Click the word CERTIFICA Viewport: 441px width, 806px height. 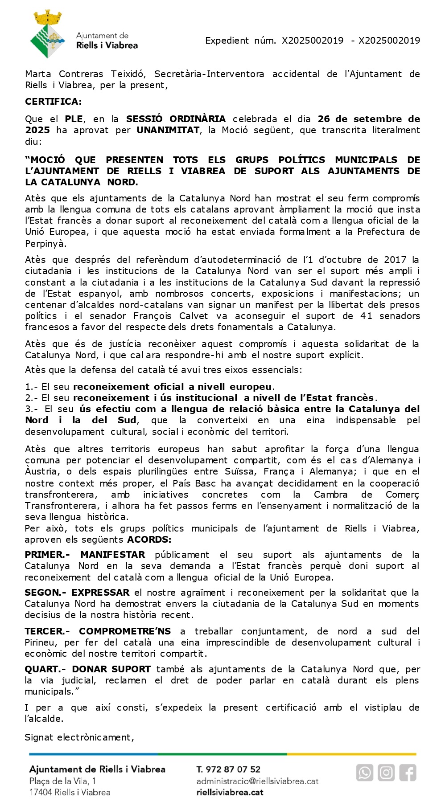click(53, 102)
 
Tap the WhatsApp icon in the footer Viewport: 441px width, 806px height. click(364, 772)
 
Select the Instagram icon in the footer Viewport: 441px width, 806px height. click(386, 772)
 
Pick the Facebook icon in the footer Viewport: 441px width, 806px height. click(408, 772)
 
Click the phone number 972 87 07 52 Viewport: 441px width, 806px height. click(233, 769)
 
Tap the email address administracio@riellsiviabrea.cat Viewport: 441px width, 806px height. click(257, 781)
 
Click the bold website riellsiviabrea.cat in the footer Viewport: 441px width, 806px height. click(230, 793)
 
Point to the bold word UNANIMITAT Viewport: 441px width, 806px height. click(168, 130)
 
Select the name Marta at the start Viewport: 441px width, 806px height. click(38, 74)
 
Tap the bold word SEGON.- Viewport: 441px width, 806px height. click(45, 593)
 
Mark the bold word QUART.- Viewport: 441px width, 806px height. click(45, 669)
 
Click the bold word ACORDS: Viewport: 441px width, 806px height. click(149, 540)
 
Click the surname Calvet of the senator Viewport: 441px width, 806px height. click(194, 316)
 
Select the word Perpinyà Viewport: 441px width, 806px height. click(45, 244)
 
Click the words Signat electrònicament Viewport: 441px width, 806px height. click(79, 737)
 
